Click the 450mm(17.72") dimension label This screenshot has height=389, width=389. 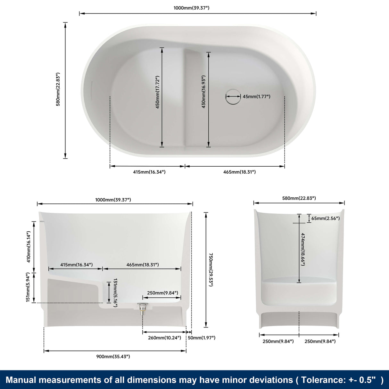[158, 92]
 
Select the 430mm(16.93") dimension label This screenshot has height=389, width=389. [203, 92]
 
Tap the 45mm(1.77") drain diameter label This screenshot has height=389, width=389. [256, 96]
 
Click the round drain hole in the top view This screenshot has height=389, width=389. [233, 96]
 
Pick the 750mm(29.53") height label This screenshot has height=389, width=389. [211, 270]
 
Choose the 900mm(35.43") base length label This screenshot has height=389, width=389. [113, 356]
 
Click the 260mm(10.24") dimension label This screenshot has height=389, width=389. [164, 338]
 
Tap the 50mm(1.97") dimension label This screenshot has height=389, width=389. [202, 338]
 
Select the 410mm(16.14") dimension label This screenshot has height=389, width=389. [29, 247]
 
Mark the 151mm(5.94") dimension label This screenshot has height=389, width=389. [28, 287]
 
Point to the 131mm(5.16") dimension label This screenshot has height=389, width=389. [115, 293]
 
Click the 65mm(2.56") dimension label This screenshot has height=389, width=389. [326, 218]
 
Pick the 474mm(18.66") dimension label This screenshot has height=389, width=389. [303, 249]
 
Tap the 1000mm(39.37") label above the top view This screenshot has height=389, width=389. [191, 8]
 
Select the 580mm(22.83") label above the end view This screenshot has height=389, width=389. [299, 198]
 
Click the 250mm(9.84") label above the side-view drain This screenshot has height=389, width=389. [162, 293]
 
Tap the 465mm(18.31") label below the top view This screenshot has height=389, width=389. [239, 172]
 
